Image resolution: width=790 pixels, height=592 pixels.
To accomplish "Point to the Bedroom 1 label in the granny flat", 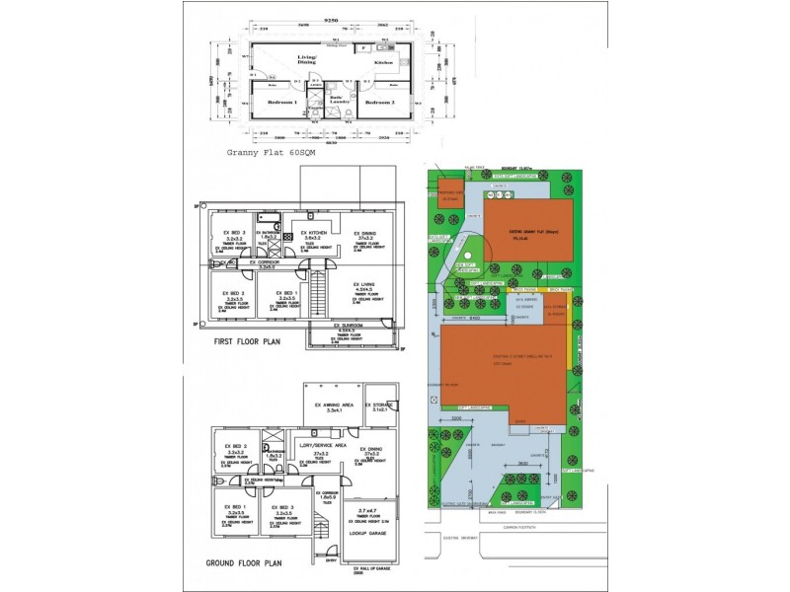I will (280, 102).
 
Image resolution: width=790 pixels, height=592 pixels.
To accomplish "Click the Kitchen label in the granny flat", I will (383, 62).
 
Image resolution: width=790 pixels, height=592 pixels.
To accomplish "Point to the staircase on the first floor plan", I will (318, 295).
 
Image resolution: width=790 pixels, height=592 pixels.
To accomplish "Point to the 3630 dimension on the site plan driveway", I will (534, 463).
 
